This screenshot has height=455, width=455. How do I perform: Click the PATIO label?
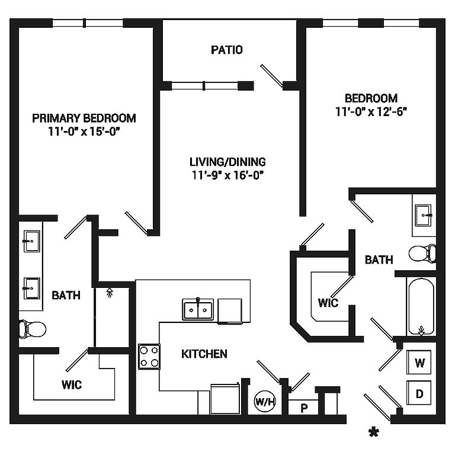point(227,50)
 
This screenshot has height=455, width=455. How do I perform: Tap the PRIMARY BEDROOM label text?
point(84,118)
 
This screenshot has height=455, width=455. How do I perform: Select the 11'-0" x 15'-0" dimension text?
point(84,131)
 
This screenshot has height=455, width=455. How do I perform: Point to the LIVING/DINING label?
point(227,161)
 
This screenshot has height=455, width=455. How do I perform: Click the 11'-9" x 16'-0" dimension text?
point(227,175)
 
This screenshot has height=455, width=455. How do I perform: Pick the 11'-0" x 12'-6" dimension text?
point(371,111)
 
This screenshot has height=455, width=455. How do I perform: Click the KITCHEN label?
point(204,354)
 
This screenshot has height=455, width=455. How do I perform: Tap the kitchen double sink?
point(197,309)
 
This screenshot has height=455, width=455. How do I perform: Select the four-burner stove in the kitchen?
point(149,356)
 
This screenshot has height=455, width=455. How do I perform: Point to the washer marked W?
point(419,363)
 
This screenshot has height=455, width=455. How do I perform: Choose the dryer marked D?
point(419,393)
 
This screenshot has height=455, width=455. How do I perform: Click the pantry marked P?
point(304,408)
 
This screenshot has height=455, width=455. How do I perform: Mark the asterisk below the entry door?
point(374,432)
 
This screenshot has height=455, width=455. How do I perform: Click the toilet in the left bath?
point(33,328)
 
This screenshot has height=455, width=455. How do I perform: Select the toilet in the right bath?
point(422,253)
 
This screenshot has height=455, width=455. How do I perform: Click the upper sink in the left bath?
point(31,239)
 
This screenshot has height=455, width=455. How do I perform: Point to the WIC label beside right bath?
point(328,303)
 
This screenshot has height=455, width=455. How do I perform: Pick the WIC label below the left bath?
point(72,384)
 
